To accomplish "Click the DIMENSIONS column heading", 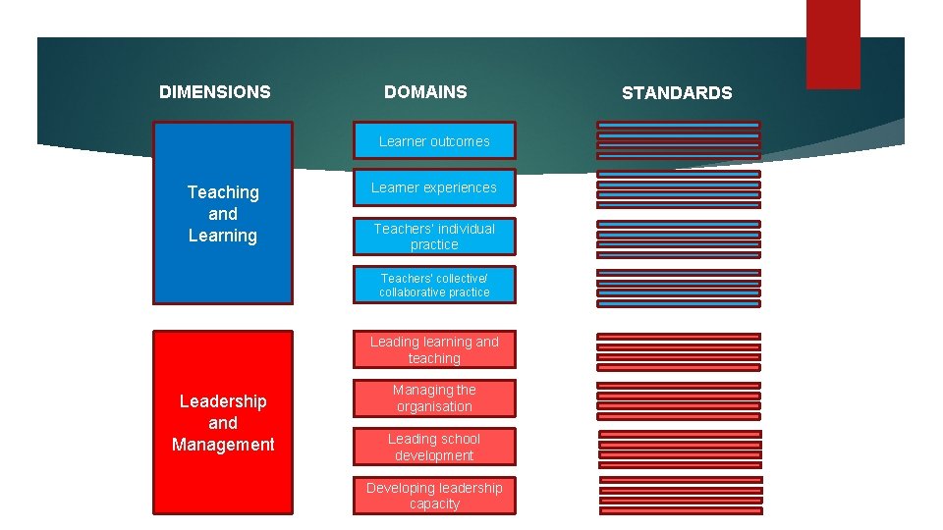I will click(x=214, y=92).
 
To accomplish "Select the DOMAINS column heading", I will click(x=425, y=92).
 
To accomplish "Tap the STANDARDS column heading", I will click(x=677, y=93).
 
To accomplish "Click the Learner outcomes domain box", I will click(x=434, y=141).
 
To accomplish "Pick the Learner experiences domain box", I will click(x=434, y=187).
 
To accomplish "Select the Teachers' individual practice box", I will click(x=434, y=237).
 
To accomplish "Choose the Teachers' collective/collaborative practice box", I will click(x=434, y=286).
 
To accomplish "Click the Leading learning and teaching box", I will click(x=434, y=350).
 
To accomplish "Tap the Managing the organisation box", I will click(x=434, y=398).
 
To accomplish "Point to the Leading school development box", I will click(x=434, y=448).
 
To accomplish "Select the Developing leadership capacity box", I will click(x=434, y=496).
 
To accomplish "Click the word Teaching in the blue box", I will click(x=223, y=192).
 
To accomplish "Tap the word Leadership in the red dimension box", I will click(x=223, y=401).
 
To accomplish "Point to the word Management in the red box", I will click(x=223, y=445).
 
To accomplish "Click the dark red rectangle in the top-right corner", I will click(x=833, y=44).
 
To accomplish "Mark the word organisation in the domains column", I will click(x=434, y=406).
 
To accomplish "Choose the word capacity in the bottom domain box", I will click(x=434, y=503).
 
